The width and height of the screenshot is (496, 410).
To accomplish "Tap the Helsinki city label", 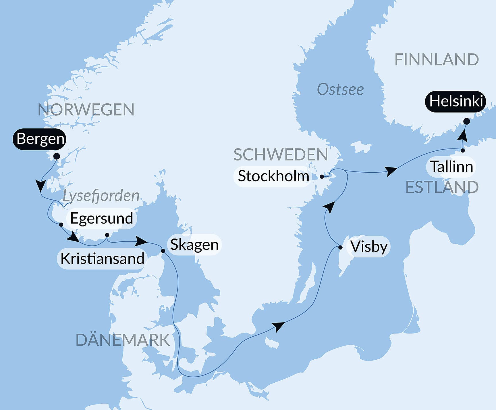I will click(456, 102).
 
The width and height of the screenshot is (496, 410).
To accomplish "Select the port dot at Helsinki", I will click(467, 121).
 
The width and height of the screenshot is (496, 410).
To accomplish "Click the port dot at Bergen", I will click(57, 156).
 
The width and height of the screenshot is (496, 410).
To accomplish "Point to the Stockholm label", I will click(273, 176).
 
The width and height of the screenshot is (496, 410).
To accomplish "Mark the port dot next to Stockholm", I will click(322, 177).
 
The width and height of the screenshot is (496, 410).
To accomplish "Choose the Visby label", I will click(369, 247).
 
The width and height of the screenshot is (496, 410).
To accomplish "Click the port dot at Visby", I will click(340, 247).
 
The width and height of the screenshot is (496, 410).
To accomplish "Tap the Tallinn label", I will click(451, 167).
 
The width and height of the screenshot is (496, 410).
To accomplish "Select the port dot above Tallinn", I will click(463, 150).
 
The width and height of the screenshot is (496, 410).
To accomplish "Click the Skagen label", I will click(194, 245).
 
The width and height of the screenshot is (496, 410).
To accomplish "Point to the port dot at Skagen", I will click(163, 251).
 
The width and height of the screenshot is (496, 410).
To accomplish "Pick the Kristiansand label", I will click(102, 259).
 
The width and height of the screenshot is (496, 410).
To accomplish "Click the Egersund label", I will click(102, 218).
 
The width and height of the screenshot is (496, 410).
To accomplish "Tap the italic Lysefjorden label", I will click(101, 196).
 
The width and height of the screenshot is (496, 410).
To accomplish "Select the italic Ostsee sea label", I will click(340, 89).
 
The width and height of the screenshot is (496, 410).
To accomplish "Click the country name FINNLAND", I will click(437, 60).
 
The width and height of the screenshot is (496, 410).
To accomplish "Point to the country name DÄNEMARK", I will click(123, 340).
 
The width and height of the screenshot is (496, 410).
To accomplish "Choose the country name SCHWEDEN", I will click(281, 155).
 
